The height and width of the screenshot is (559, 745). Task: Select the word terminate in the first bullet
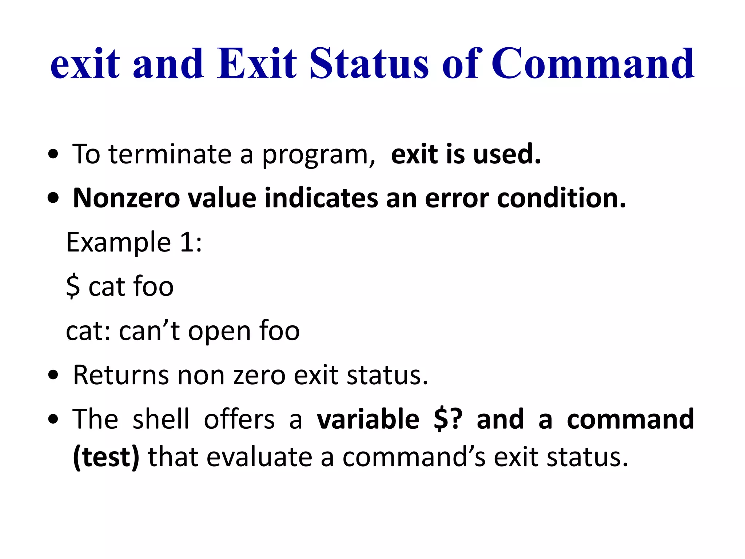pos(170,154)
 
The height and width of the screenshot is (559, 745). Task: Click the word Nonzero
pos(126,198)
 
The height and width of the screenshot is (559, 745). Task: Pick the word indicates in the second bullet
pos(321,198)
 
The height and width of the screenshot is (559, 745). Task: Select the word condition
pos(561,198)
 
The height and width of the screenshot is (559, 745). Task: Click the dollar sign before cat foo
pos(73,287)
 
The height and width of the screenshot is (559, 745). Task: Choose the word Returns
pos(120,375)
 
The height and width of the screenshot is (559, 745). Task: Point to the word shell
pos(161,419)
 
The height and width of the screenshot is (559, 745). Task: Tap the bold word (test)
pos(106,457)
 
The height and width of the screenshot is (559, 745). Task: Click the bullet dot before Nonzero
pos(53,199)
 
